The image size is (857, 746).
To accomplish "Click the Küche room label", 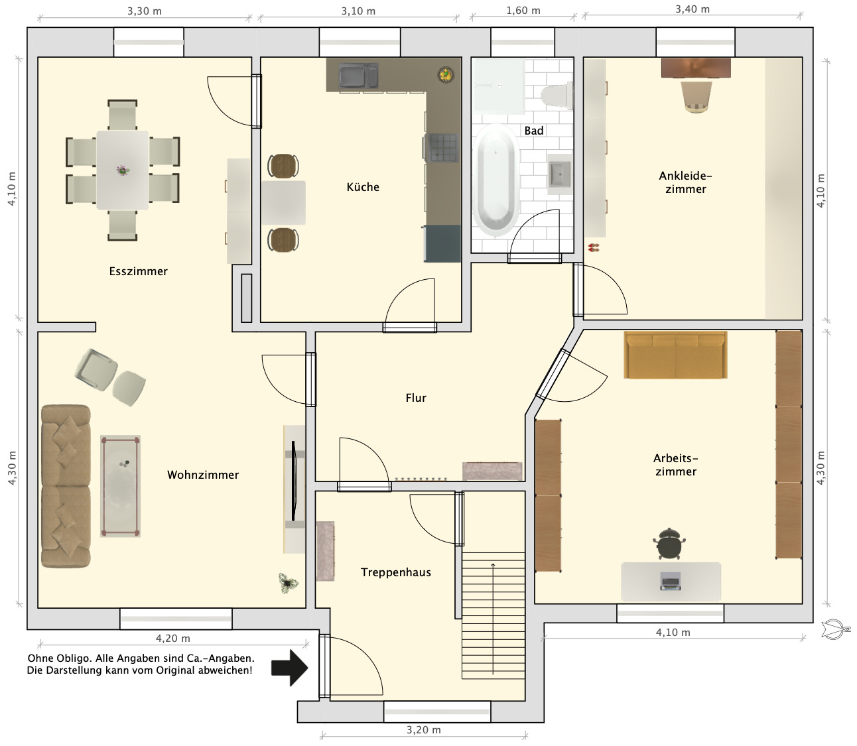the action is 363,187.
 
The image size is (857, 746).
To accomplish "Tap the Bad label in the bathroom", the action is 534,131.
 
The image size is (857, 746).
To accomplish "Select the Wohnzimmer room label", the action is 203,475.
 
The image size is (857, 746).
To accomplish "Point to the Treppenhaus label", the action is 396,573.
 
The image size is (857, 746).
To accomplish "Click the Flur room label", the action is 415,398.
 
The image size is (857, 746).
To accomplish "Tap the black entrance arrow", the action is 289,668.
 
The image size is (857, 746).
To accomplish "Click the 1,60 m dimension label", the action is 523,11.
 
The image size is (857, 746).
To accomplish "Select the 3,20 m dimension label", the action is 423,729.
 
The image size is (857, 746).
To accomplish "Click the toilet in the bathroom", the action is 557,95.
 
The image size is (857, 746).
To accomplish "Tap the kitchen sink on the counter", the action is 358,76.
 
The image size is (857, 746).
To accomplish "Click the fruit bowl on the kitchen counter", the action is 446,75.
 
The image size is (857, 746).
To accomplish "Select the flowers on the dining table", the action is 123,170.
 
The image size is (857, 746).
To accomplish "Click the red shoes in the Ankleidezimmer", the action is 594,248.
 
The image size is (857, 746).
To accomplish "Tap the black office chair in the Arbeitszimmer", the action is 669,544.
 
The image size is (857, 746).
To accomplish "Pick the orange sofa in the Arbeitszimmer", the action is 675,355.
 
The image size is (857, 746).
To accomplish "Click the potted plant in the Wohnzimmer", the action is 288,583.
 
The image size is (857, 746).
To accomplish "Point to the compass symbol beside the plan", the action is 835,629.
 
